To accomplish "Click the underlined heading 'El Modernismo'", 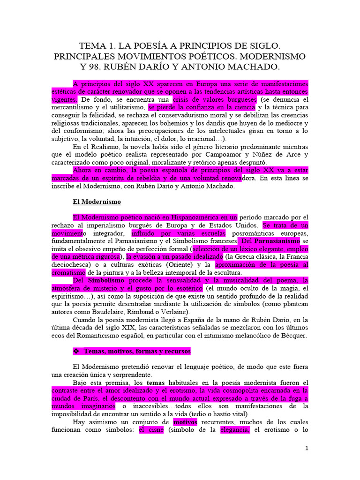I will click(97, 202).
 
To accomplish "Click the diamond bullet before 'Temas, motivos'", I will click(77, 351).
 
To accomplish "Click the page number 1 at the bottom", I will click(307, 448).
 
